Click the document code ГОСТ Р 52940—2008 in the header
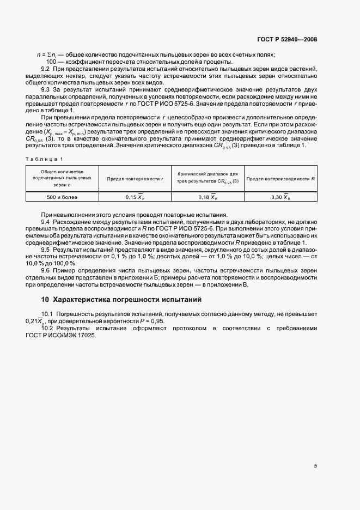pos(287,39)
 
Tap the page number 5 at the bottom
pos(315,465)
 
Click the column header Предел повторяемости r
pos(135,179)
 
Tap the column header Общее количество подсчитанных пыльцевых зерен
pos(62,178)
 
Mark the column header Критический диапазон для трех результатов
pos(207,178)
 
